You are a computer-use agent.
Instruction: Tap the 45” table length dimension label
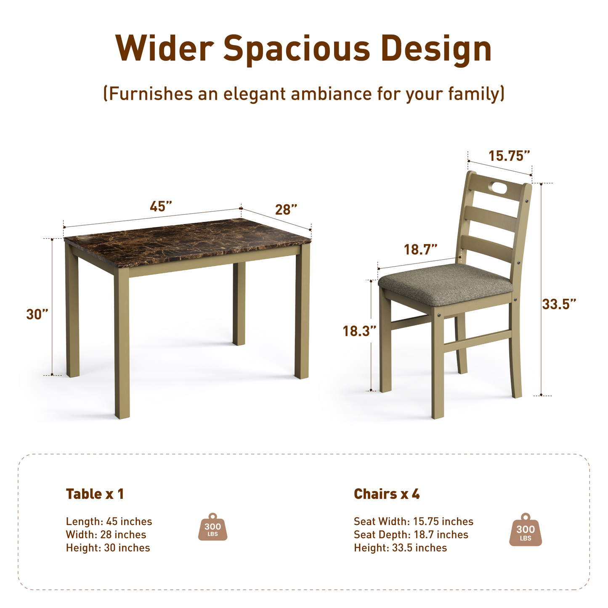(x=161, y=207)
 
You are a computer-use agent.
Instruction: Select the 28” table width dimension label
(x=286, y=209)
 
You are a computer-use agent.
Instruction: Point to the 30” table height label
(x=37, y=314)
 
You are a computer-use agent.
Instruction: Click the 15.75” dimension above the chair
(x=509, y=156)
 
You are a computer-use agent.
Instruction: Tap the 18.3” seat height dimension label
(x=359, y=331)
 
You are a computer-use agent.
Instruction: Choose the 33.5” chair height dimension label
(x=559, y=303)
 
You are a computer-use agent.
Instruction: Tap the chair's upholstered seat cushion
(x=445, y=282)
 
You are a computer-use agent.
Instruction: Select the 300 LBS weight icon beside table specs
(x=212, y=527)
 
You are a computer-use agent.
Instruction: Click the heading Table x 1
(x=95, y=494)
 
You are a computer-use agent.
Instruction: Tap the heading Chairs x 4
(x=387, y=494)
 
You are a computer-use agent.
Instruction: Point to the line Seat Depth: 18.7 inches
(x=411, y=535)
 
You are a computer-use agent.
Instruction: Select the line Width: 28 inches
(x=106, y=535)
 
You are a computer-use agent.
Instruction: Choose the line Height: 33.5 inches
(x=400, y=548)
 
